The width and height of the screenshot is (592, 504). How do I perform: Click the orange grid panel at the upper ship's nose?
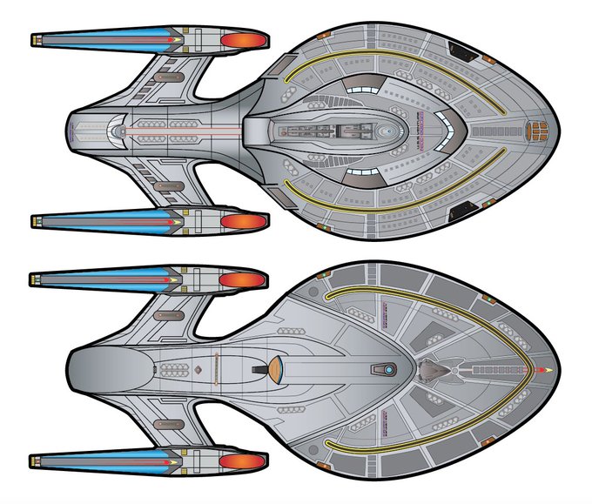(x=538, y=131)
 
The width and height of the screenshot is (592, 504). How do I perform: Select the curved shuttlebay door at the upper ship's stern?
(x=117, y=131)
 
